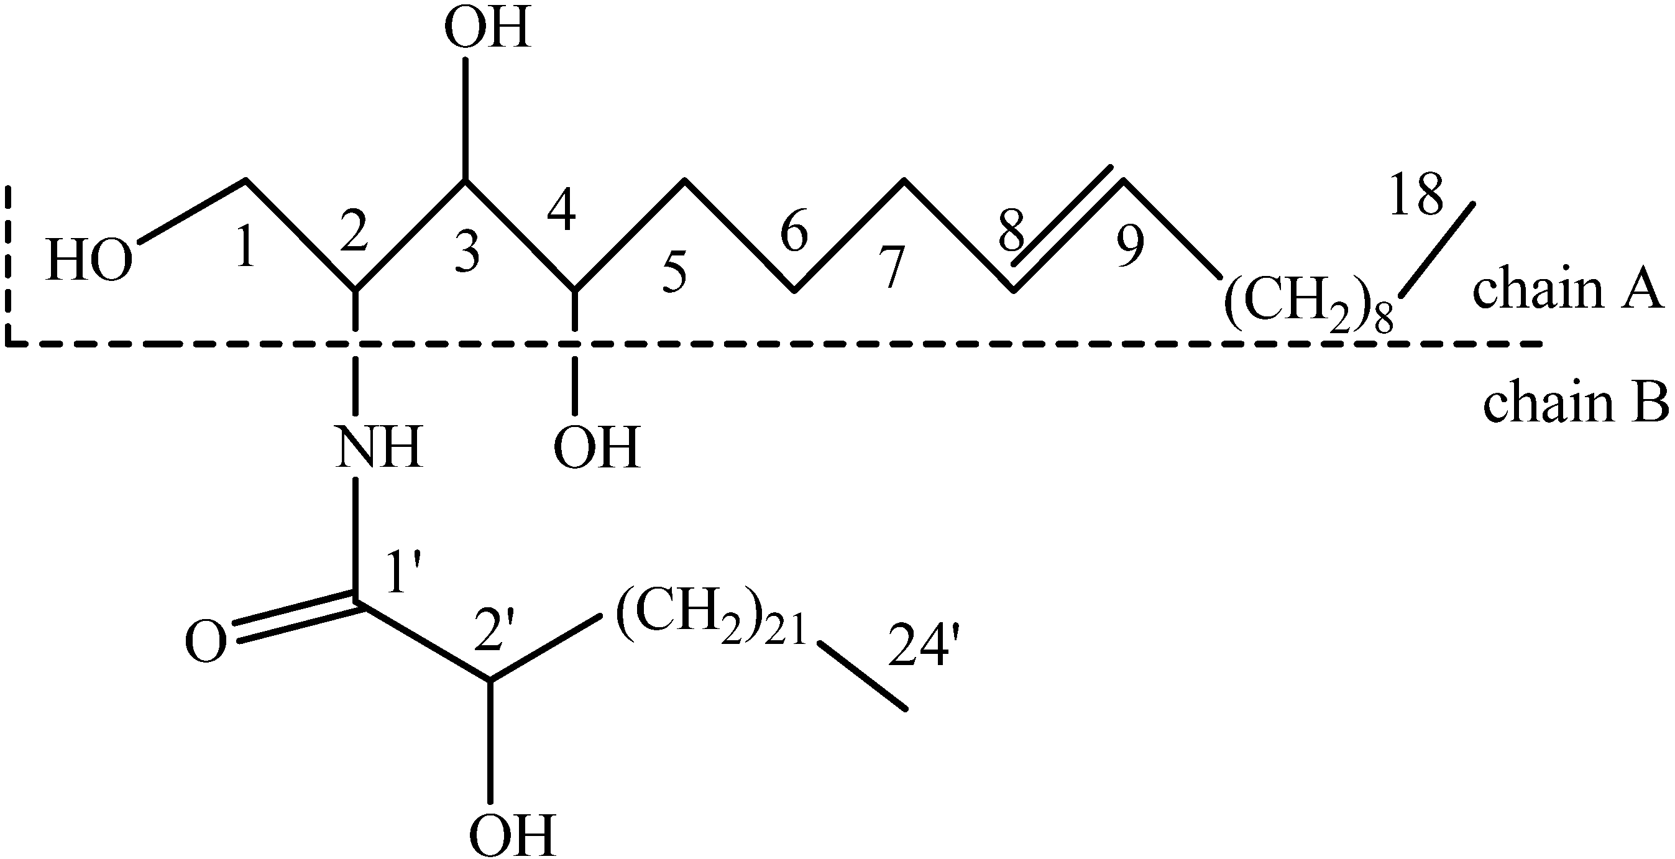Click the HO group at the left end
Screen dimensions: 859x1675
[x=89, y=262]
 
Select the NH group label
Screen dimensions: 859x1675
[x=379, y=448]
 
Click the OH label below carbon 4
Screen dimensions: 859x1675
[x=596, y=448]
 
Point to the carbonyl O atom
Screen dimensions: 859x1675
[x=207, y=642]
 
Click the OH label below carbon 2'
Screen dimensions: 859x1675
[x=512, y=835]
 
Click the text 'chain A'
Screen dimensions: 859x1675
[x=1567, y=291]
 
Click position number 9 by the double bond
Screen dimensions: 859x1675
[x=1130, y=247]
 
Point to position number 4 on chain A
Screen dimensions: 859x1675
[x=561, y=209]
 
